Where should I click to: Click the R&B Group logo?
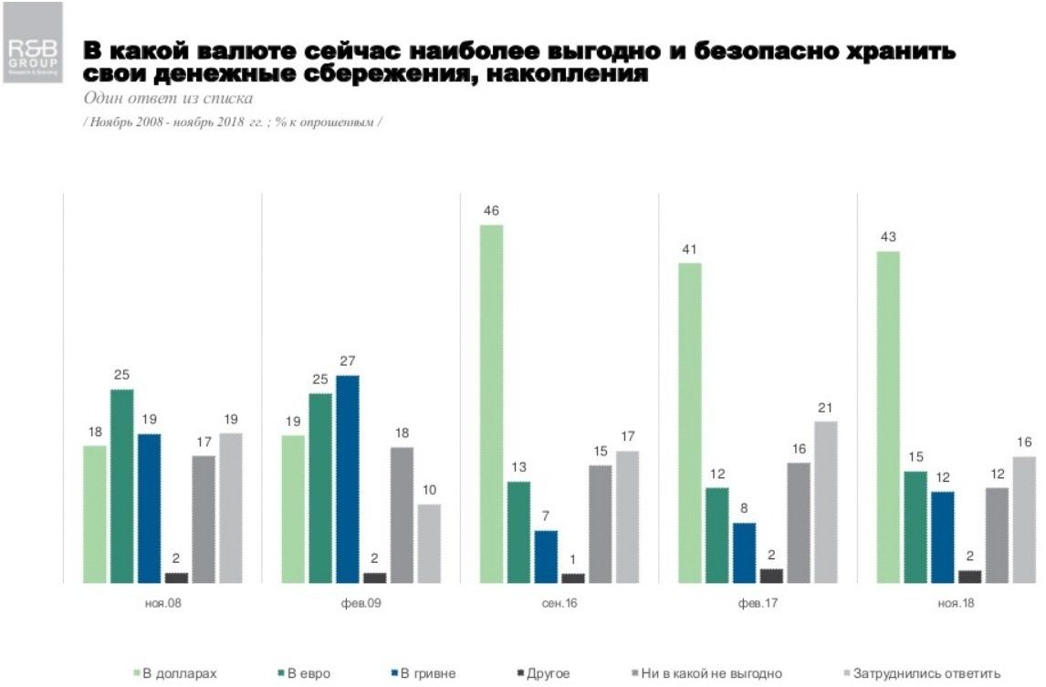33,43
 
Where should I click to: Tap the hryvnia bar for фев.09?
347,479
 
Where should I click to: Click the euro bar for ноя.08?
122,485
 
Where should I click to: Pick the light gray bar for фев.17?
825,502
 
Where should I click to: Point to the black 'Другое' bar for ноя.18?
970,576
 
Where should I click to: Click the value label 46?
492,211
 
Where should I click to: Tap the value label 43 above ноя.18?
888,237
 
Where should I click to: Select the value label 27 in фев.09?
347,361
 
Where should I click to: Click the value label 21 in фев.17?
825,408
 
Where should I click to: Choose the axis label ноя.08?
162,603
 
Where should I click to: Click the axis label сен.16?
559,603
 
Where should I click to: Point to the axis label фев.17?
757,603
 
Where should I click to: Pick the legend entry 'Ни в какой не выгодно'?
709,673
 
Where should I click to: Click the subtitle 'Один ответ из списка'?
168,98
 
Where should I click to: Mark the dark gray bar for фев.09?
402,515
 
